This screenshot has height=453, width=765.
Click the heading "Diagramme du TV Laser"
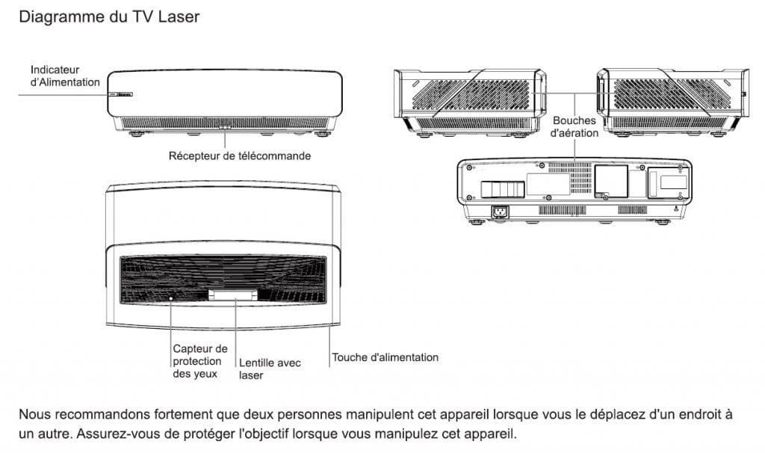[x=109, y=17]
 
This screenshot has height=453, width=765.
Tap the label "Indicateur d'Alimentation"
[x=65, y=76]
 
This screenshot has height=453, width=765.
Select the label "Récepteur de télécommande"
[x=240, y=156]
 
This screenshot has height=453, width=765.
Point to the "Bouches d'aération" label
[x=574, y=127]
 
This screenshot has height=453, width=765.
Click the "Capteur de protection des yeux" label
[x=200, y=361]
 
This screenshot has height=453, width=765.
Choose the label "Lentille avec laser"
[x=270, y=369]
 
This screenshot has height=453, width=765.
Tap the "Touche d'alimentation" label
[x=385, y=357]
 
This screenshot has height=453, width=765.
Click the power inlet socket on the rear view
[x=500, y=212]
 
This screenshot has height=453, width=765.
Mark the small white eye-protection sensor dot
[x=171, y=298]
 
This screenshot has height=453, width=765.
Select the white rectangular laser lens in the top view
[x=233, y=295]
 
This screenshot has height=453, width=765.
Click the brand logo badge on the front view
[x=125, y=94]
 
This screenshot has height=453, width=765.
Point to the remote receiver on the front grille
[x=224, y=127]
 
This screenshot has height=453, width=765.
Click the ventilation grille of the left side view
[x=471, y=94]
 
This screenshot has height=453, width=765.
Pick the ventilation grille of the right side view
[x=672, y=93]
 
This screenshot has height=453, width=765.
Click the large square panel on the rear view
[x=611, y=181]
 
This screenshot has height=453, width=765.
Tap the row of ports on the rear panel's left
[x=503, y=189]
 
